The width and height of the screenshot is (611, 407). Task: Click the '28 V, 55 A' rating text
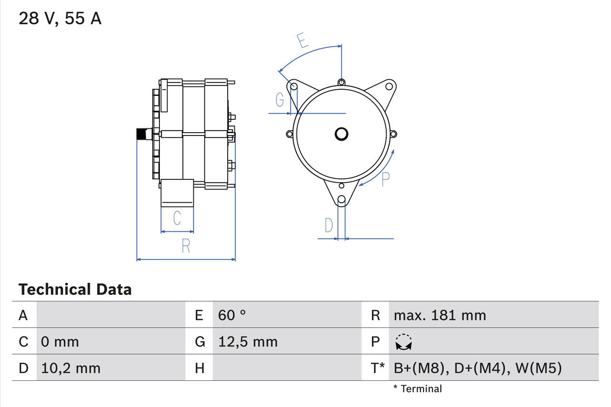pyautogui.click(x=60, y=19)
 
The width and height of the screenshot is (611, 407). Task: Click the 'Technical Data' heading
pyautogui.click(x=75, y=289)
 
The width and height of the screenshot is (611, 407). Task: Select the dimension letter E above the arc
pyautogui.click(x=302, y=42)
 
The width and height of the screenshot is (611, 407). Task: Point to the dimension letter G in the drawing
pyautogui.click(x=280, y=100)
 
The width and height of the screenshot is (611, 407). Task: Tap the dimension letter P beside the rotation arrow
pyautogui.click(x=386, y=179)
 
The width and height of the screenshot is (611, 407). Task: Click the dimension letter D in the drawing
pyautogui.click(x=329, y=225)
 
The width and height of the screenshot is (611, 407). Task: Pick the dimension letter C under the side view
pyautogui.click(x=177, y=218)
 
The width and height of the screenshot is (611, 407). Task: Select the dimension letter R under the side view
pyautogui.click(x=186, y=246)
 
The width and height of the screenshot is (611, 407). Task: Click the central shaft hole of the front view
pyautogui.click(x=341, y=134)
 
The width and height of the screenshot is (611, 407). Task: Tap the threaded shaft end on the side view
pyautogui.click(x=142, y=134)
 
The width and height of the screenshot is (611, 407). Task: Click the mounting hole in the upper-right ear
pyautogui.click(x=389, y=86)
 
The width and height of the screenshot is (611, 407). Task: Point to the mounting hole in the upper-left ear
pyautogui.click(x=294, y=86)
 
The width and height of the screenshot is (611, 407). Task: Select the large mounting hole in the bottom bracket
pyautogui.click(x=341, y=200)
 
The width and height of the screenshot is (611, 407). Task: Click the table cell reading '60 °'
pyautogui.click(x=232, y=315)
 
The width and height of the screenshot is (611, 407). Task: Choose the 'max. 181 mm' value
pyautogui.click(x=440, y=315)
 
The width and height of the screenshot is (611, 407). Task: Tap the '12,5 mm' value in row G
pyautogui.click(x=248, y=342)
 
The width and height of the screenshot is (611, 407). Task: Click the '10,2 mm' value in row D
pyautogui.click(x=71, y=368)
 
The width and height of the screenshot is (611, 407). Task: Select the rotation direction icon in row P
pyautogui.click(x=404, y=342)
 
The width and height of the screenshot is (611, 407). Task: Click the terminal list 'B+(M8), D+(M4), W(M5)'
pyautogui.click(x=477, y=368)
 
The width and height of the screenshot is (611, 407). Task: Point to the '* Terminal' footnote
pyautogui.click(x=418, y=388)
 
